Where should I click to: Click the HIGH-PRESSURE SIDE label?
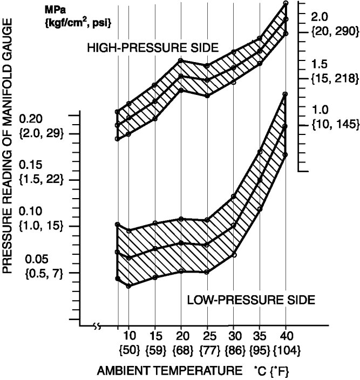click(x=153, y=48)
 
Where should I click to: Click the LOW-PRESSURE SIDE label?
click(x=251, y=298)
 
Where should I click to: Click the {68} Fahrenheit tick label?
click(x=181, y=350)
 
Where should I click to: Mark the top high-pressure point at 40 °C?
click(x=286, y=4)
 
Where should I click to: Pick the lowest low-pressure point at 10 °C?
click(x=128, y=286)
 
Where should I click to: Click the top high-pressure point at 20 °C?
click(x=181, y=60)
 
